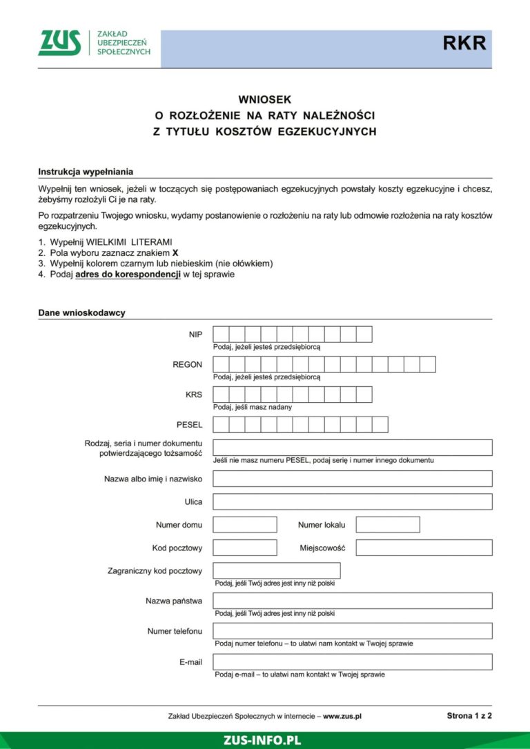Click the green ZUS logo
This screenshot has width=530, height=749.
pyautogui.click(x=59, y=43)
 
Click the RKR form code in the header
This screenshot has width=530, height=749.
pyautogui.click(x=464, y=43)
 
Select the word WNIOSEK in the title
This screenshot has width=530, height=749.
pyautogui.click(x=265, y=100)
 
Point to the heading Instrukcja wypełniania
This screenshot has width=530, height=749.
pyautogui.click(x=86, y=172)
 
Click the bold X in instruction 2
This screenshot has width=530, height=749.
pyautogui.click(x=175, y=253)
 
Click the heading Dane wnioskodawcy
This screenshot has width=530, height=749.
pyautogui.click(x=81, y=312)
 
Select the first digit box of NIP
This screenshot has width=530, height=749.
pyautogui.click(x=221, y=334)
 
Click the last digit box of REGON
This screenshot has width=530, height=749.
pyautogui.click(x=427, y=364)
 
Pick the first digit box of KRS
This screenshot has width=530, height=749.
pyautogui.click(x=221, y=395)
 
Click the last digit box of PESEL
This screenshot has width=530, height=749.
pyautogui.click(x=380, y=425)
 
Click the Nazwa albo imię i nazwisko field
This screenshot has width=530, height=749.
pyautogui.click(x=352, y=479)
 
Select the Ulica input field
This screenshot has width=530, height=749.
pyautogui.click(x=352, y=501)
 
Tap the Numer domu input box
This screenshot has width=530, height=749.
pyautogui.click(x=235, y=525)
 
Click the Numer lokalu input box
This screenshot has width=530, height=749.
pyautogui.click(x=387, y=525)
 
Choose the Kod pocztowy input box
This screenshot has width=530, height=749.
pyautogui.click(x=235, y=548)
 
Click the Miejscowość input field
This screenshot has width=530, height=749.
pyautogui.click(x=424, y=548)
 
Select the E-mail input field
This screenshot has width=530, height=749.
pyautogui.click(x=352, y=662)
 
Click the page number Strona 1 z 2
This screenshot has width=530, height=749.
pyautogui.click(x=469, y=716)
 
